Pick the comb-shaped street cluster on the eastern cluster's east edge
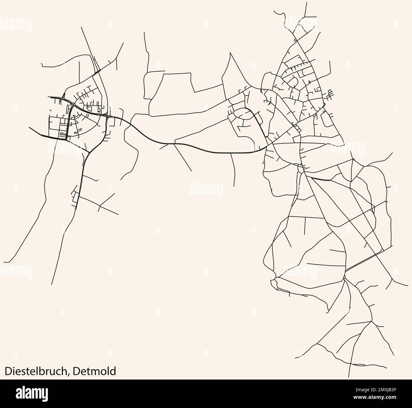[330, 93]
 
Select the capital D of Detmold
[75, 371]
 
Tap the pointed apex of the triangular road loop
[230, 53]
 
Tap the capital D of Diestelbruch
[7, 371]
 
